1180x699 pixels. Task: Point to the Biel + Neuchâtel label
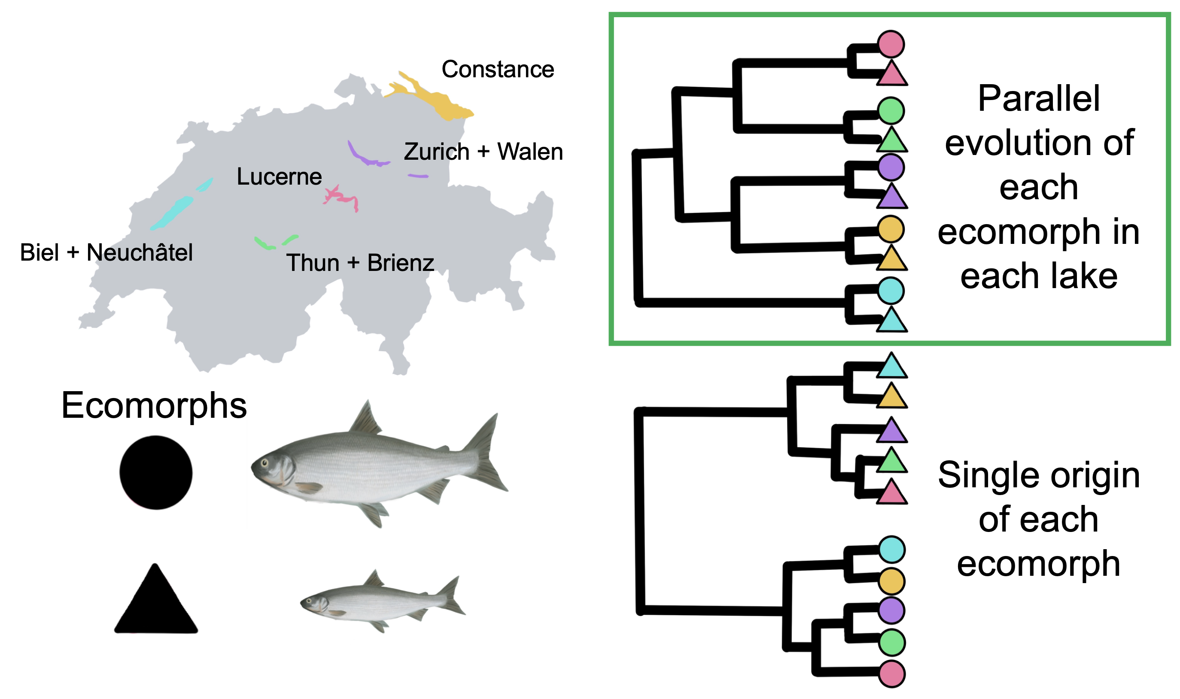click(x=106, y=252)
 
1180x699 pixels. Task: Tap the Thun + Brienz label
click(x=360, y=263)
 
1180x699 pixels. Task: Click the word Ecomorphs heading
click(x=154, y=406)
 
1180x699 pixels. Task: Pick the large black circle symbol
click(x=156, y=472)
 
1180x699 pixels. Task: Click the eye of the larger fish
click(x=265, y=462)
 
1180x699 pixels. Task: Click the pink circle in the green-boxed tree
click(x=890, y=44)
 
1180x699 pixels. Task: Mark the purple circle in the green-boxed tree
click(x=890, y=167)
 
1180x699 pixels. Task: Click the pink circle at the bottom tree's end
click(x=891, y=674)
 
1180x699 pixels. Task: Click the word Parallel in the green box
click(x=1038, y=98)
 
